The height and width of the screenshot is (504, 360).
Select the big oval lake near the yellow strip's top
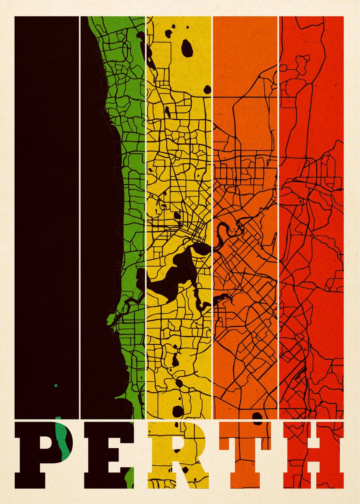[x=187, y=48]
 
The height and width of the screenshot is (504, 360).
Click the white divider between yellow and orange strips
[x=212, y=210]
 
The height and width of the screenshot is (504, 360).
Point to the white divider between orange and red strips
[x=278, y=210]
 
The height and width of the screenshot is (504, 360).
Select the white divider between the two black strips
[x=79, y=210]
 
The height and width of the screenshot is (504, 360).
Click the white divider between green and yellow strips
[x=145, y=210]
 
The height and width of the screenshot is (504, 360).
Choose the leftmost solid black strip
[x=46, y=210]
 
